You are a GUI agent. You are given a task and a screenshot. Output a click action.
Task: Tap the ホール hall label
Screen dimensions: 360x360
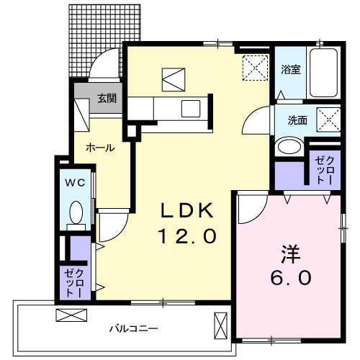click(99, 147)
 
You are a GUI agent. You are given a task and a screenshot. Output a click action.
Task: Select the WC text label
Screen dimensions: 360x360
click(76, 183)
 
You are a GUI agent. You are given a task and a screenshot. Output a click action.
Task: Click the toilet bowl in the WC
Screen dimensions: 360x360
click(76, 212)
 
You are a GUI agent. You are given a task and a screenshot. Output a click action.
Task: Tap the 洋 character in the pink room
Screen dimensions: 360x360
click(289, 254)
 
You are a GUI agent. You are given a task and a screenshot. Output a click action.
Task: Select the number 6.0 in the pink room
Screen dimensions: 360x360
click(289, 277)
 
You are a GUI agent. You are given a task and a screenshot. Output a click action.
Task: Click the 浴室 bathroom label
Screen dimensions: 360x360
click(290, 70)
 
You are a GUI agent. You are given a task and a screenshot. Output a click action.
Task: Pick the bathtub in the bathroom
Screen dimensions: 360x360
click(325, 74)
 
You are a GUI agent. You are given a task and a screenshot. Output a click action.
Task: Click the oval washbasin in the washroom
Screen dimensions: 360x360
click(289, 147)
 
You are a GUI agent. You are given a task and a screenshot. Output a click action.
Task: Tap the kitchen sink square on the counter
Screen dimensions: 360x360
click(192, 109)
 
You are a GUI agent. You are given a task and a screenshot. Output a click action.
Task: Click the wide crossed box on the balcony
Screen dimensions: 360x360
click(70, 315)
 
